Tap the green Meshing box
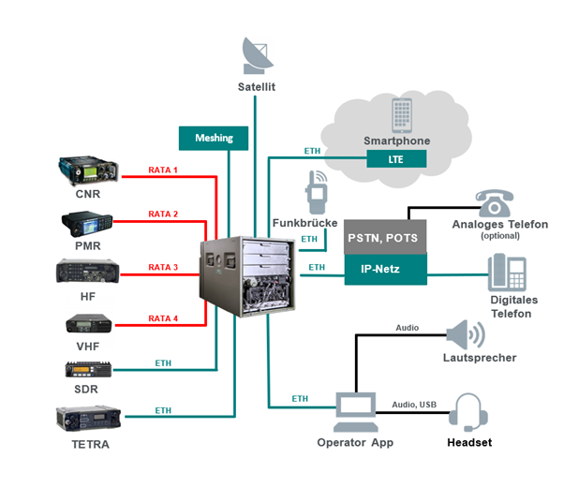(x=214, y=138)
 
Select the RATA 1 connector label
(x=163, y=170)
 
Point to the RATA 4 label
(x=163, y=317)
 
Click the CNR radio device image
(x=88, y=171)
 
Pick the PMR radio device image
(x=88, y=225)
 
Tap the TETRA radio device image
(x=88, y=418)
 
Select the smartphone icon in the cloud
(x=402, y=116)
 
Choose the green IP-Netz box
(x=385, y=270)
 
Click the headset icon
(x=466, y=412)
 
